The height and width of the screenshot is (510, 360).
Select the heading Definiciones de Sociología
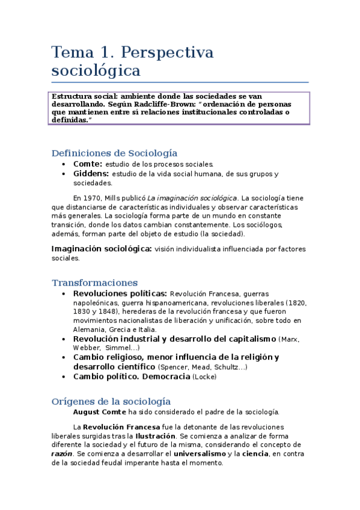click(114, 153)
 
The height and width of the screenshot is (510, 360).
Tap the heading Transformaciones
click(94, 283)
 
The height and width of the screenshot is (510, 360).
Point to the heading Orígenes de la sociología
click(111, 401)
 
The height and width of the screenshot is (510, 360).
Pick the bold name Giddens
click(91, 174)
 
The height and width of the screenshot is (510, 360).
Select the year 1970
click(92, 197)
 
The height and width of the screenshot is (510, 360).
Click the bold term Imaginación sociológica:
click(102, 248)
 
